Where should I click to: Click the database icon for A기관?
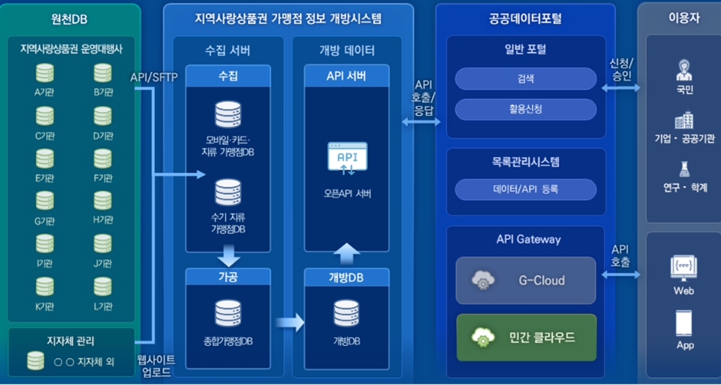pos(45,74)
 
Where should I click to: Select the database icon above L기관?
pos(103,287)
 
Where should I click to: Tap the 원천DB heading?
pos(70,19)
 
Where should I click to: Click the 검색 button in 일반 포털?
pos(526,79)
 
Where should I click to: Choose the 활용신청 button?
pos(526,109)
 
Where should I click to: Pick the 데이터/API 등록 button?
pos(526,190)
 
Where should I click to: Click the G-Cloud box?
pos(526,280)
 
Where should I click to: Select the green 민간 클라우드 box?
pos(526,337)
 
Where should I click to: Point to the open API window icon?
pos(347,159)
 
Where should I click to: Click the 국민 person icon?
pos(684,71)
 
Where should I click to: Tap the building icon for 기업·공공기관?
pos(684,120)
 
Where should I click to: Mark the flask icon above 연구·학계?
pos(684,169)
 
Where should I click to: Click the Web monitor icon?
pos(684,267)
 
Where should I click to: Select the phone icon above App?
pos(684,322)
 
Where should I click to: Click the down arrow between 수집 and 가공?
pos(228,255)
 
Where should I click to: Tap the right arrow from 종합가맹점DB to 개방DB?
pos(290,322)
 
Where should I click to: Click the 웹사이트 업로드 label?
pos(156,366)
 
